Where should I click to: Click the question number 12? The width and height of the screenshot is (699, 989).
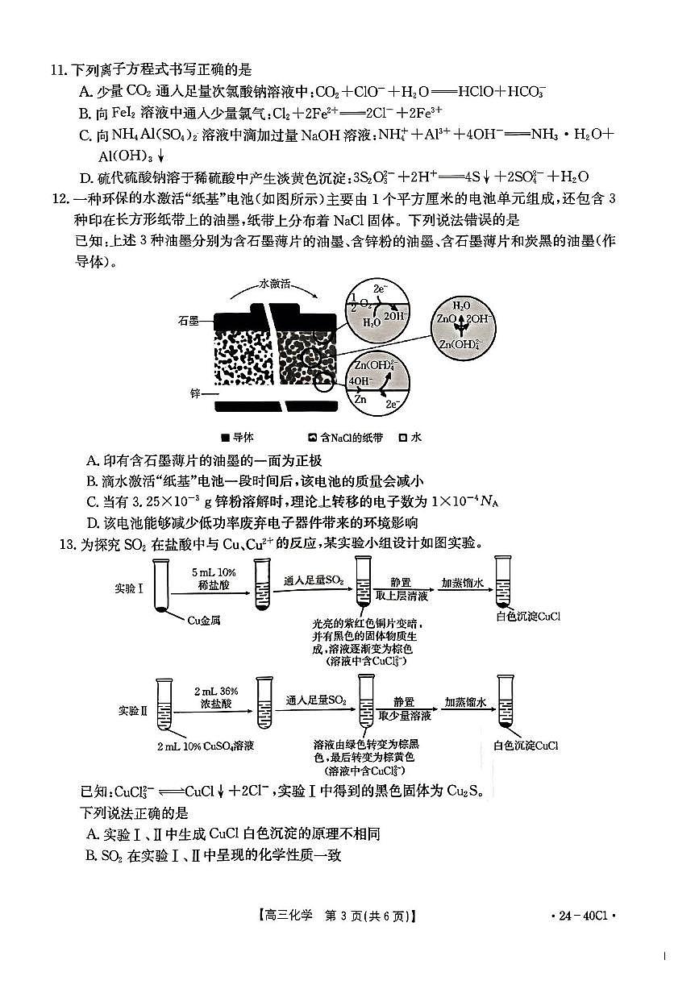point(57,199)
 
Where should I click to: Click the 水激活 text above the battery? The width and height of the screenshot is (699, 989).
point(274,284)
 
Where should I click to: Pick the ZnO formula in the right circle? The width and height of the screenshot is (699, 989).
point(447,320)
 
